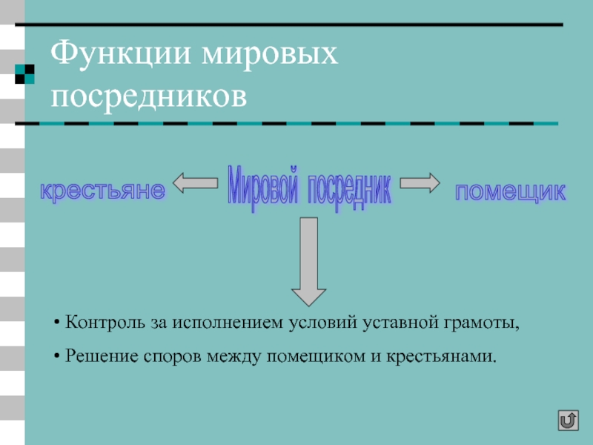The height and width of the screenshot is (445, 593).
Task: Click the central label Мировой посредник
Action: (309, 190)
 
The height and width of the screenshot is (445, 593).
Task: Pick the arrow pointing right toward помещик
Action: (420, 182)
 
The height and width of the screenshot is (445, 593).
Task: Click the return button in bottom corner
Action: (568, 421)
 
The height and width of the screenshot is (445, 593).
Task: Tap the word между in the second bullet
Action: (236, 357)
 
